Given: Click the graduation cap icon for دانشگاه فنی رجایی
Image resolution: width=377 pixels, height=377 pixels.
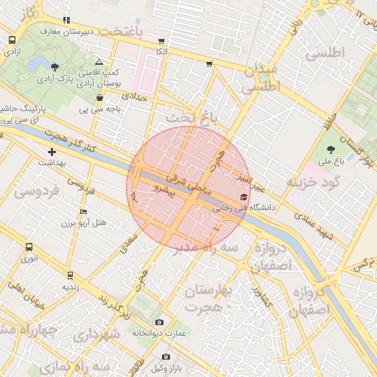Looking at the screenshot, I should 244,197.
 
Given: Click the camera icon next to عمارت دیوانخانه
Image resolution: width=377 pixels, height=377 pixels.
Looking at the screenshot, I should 160,323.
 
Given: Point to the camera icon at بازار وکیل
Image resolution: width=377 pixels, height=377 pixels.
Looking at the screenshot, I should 166,357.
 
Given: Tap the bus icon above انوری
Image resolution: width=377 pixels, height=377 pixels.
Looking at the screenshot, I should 29,247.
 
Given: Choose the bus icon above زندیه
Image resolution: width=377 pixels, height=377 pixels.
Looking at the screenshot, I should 70,275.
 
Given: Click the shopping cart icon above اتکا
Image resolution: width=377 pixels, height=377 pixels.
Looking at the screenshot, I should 161,41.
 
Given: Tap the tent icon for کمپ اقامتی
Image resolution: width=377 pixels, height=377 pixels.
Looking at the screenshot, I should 99,63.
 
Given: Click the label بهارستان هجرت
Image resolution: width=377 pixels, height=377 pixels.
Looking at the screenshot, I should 208,297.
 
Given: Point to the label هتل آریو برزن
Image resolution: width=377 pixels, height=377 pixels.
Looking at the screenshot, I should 83,222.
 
